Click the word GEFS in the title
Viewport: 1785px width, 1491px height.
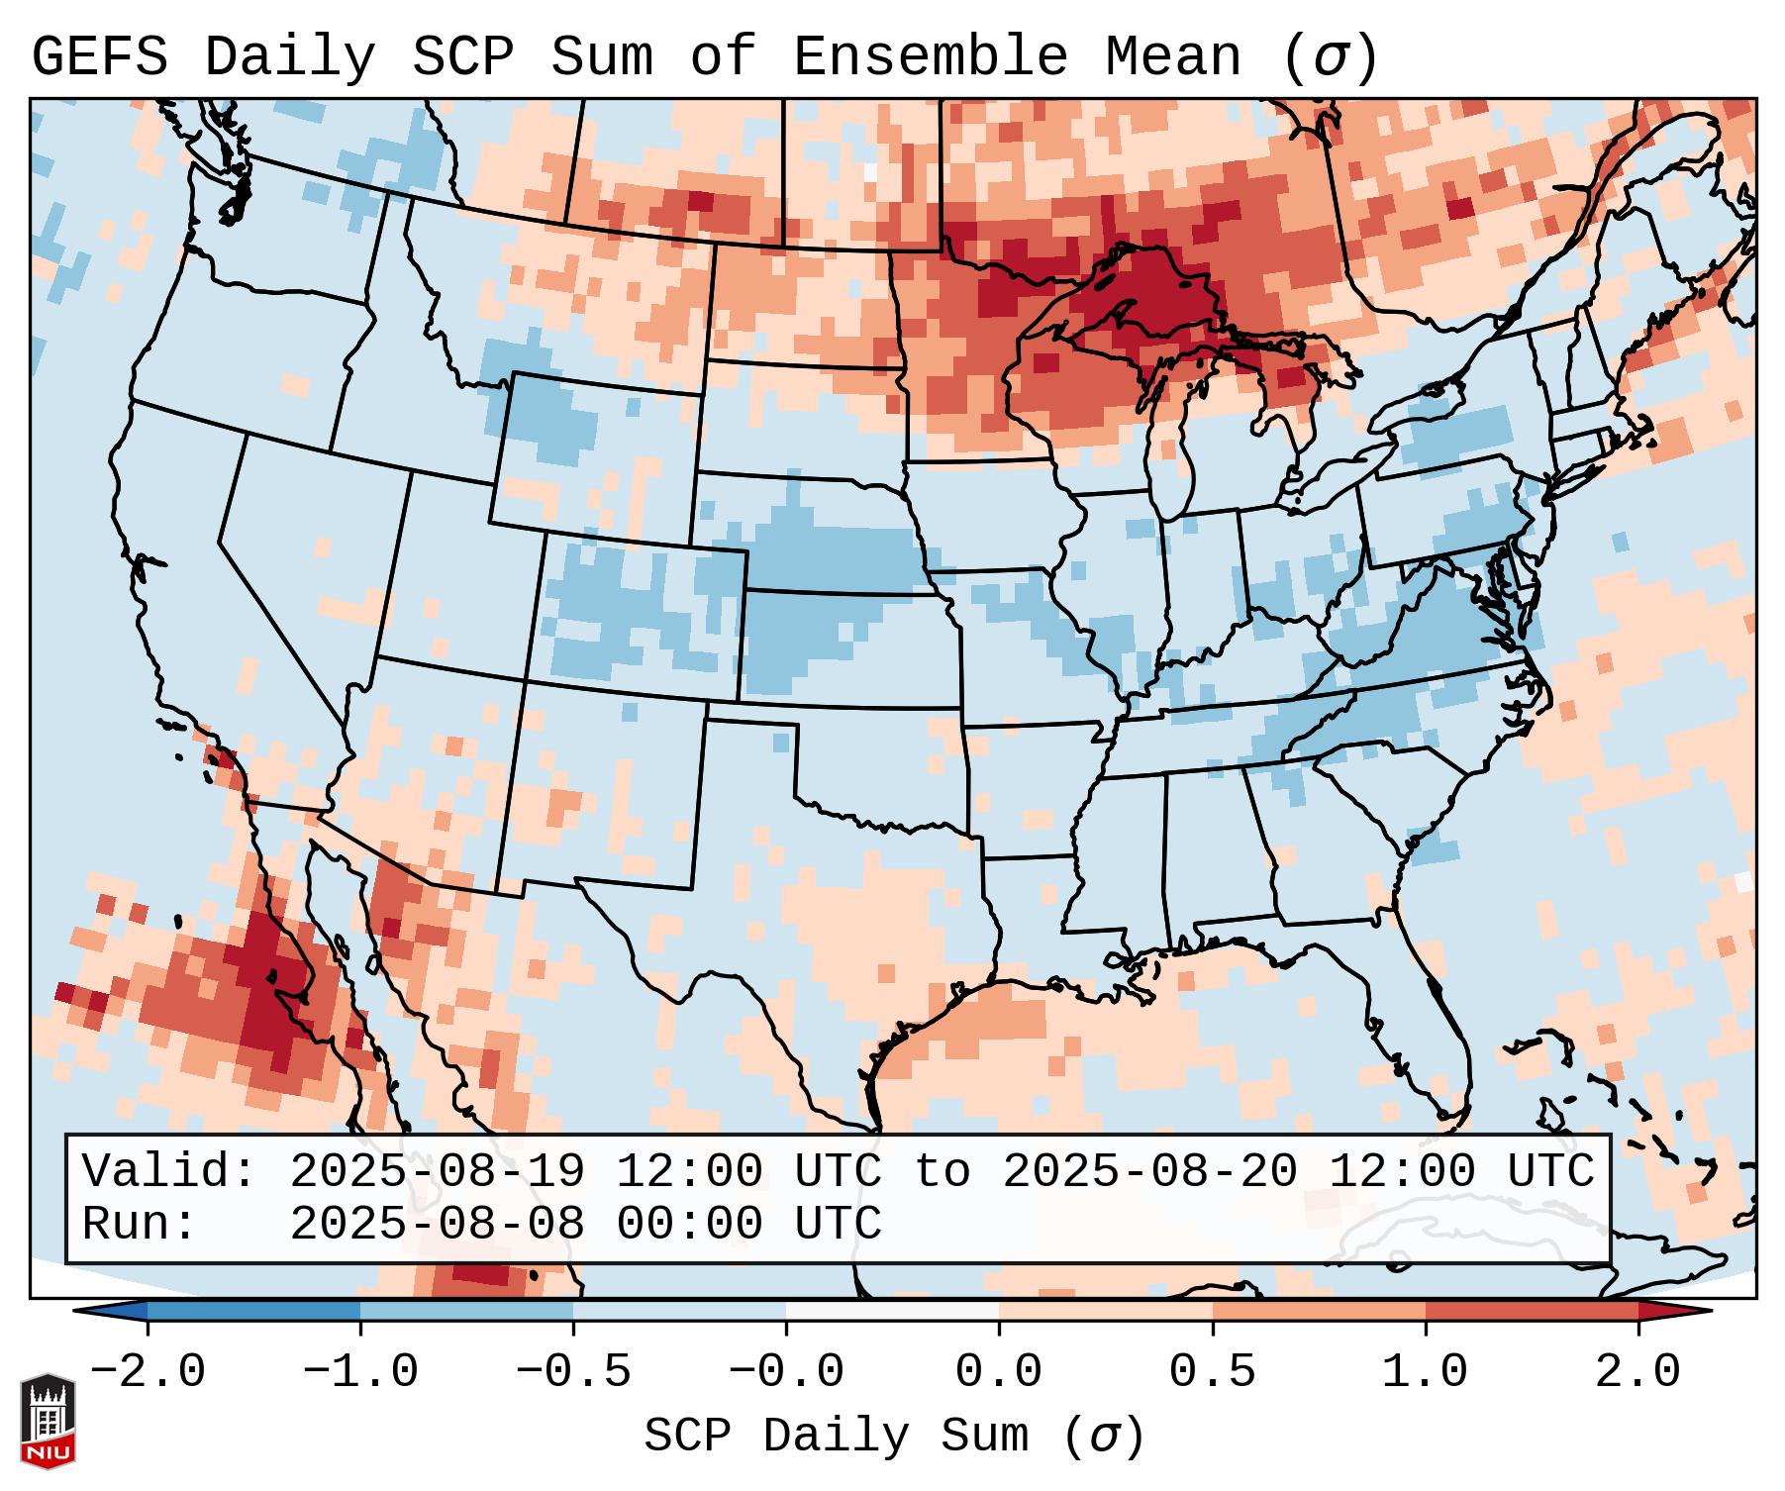[x=99, y=56]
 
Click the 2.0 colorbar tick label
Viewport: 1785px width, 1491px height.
[x=1637, y=1372]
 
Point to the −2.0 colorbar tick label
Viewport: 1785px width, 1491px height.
[x=147, y=1372]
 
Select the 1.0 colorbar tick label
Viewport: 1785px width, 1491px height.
[x=1425, y=1372]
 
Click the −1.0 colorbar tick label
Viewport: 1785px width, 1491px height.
[x=359, y=1372]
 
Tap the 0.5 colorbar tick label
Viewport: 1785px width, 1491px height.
[x=1212, y=1372]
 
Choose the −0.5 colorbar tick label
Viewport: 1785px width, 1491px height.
[x=572, y=1372]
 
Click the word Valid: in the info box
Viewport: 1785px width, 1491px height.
[x=168, y=1171]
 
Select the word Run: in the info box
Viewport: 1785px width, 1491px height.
[x=139, y=1224]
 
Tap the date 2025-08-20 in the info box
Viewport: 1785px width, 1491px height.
[x=1149, y=1171]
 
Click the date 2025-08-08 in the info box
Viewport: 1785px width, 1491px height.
[x=437, y=1224]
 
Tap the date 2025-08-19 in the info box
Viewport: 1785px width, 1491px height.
[x=437, y=1171]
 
